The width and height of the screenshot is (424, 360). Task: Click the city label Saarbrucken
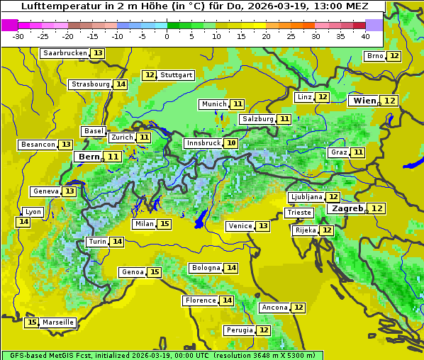pos(65,53)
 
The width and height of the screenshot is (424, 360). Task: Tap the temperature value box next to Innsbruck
pos(231,143)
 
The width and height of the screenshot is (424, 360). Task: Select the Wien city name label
pos(364,101)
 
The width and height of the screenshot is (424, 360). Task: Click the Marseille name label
pos(58,322)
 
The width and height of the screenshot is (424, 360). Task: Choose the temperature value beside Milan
pos(164,224)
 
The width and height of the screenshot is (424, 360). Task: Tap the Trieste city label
pos(299,213)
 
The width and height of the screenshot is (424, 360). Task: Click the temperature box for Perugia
pos(264,330)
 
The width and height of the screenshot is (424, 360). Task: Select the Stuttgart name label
pos(177,75)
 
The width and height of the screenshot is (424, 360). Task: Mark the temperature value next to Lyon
pos(23,222)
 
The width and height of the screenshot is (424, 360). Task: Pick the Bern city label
pos(89,157)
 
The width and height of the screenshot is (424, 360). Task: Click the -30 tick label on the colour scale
pos(18,36)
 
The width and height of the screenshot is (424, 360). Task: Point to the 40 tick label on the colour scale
pos(366,36)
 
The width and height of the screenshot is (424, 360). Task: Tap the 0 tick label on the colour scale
pos(167,36)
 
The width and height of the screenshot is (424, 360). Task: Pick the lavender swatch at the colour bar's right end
pos(374,25)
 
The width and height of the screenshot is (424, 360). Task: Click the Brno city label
pos(375,56)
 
